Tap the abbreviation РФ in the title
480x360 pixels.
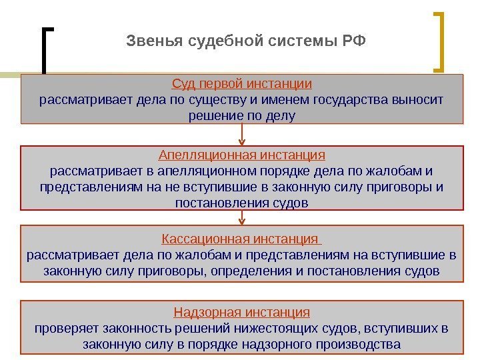(x=354, y=43)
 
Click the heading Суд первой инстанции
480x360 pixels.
(x=242, y=85)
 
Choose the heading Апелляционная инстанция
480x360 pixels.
(x=242, y=155)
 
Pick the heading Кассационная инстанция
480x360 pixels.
(x=241, y=239)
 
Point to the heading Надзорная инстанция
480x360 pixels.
(x=242, y=312)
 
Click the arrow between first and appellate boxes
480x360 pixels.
(x=242, y=135)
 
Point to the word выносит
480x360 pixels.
(x=419, y=101)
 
